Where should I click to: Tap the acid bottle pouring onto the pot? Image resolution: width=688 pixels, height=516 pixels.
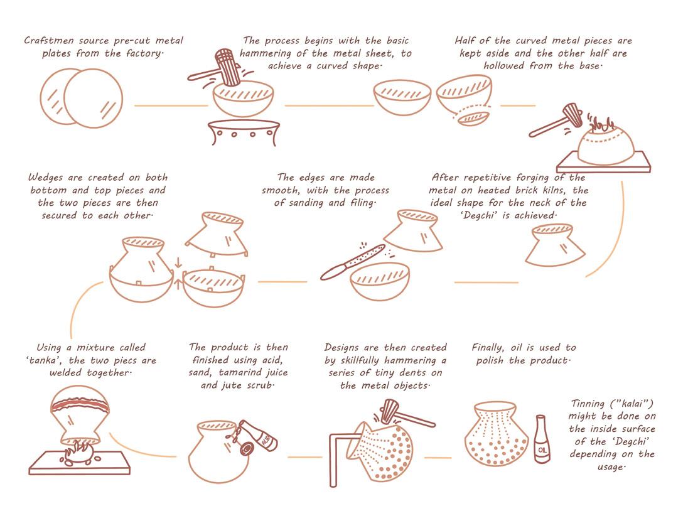[259, 436]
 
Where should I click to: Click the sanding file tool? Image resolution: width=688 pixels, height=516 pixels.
[353, 262]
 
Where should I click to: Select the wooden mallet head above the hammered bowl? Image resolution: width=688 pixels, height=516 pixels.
[227, 67]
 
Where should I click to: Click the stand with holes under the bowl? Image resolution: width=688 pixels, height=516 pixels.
[244, 132]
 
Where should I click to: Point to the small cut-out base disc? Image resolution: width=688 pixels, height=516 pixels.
[473, 118]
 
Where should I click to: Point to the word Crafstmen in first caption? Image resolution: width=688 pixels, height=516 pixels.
[48, 41]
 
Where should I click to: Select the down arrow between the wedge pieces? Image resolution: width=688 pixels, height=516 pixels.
[178, 263]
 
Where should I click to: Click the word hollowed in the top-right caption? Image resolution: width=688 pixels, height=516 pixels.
[504, 66]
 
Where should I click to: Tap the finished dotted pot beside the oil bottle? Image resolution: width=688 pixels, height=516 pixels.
[497, 434]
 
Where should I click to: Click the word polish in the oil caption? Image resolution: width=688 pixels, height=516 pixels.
[490, 361]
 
